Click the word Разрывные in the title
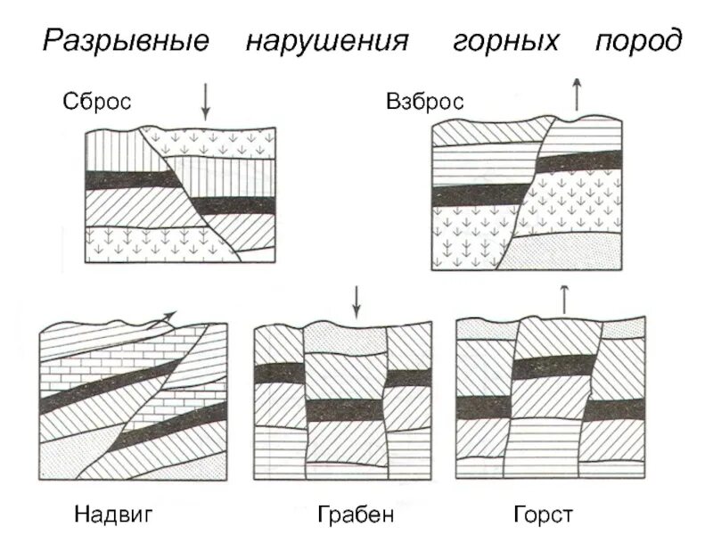tap(127, 41)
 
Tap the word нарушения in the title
tap(327, 41)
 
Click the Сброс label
tap(97, 101)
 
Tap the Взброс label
tap(425, 102)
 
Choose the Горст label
tap(543, 514)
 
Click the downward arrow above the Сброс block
tap(206, 103)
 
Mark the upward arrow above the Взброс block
tap(577, 94)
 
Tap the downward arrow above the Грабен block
tap(356, 302)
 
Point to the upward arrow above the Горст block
tap(563, 299)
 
